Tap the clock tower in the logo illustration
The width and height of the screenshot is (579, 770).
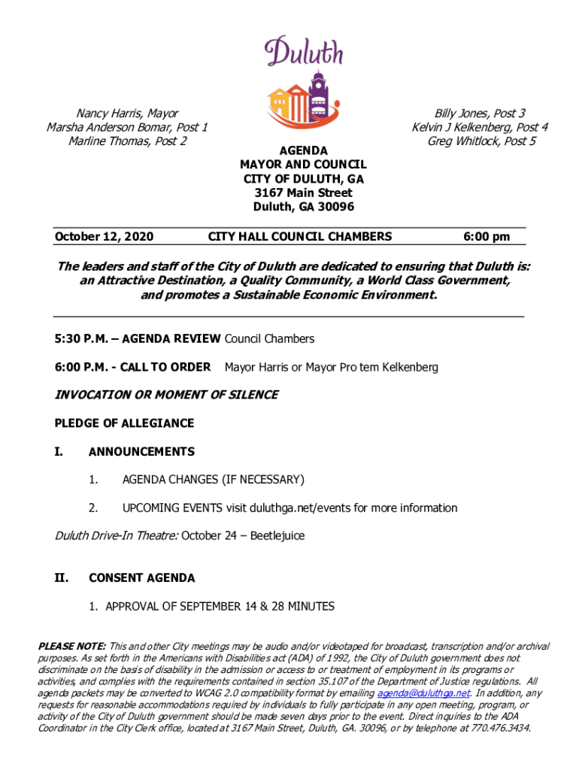tap(318, 94)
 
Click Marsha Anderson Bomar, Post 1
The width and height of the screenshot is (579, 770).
tap(127, 127)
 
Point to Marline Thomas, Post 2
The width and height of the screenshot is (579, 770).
tap(127, 141)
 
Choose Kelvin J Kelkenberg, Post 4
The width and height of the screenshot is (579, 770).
tap(480, 127)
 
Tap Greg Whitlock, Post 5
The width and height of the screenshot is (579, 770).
tap(481, 141)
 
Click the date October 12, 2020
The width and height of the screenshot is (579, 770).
tap(104, 237)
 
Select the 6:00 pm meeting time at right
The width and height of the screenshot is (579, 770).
tap(487, 237)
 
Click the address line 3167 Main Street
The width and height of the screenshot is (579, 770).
tap(303, 192)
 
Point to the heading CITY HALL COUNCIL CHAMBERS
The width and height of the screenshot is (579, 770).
tap(299, 237)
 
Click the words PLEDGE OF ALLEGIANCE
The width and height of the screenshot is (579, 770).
tap(124, 423)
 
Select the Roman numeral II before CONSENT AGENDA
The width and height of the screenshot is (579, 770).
tap(62, 578)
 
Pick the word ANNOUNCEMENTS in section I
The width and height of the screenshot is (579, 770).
tap(141, 452)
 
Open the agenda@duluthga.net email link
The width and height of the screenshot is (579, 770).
tap(423, 693)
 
